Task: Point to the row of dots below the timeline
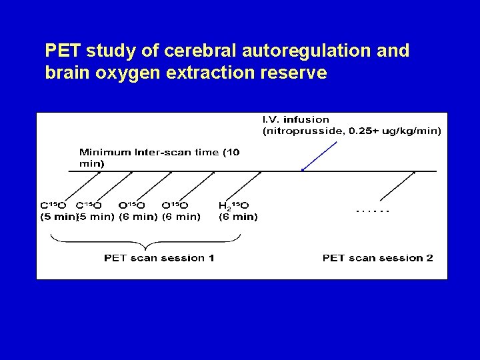point(373,211)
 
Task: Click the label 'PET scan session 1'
point(159,258)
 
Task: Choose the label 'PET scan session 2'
point(377,258)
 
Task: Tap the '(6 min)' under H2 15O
point(238,216)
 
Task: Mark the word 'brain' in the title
point(65,73)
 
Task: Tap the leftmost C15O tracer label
point(53,205)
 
